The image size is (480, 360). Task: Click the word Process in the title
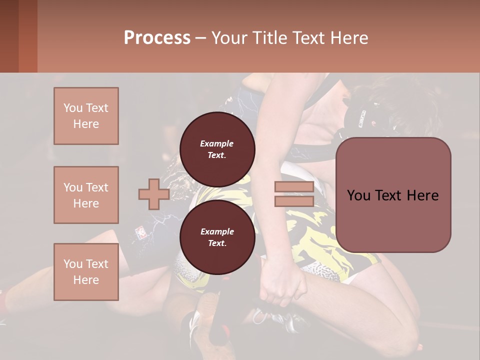pyautogui.click(x=157, y=37)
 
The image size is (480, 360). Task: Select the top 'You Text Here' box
pyautogui.click(x=86, y=116)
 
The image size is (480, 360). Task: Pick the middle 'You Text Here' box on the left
pyautogui.click(x=86, y=195)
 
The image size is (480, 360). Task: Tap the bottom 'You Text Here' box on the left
pyautogui.click(x=86, y=272)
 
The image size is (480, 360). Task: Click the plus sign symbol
pyautogui.click(x=153, y=194)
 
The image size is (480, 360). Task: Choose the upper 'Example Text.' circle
pyautogui.click(x=217, y=149)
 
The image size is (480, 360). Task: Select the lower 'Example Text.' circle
pyautogui.click(x=217, y=237)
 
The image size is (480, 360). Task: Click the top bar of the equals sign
pyautogui.click(x=294, y=187)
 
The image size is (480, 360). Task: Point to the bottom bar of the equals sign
pyautogui.click(x=294, y=201)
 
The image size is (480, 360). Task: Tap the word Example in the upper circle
pyautogui.click(x=217, y=143)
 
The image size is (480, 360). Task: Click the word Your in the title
pyautogui.click(x=229, y=37)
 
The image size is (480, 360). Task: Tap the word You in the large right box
pyautogui.click(x=359, y=195)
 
